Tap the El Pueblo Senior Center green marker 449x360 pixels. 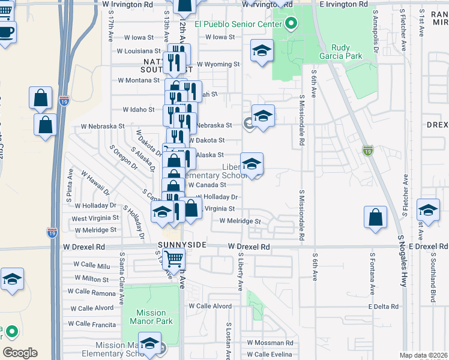[x=291, y=24]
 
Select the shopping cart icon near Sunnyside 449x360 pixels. [x=173, y=259]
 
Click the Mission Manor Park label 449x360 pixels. [x=151, y=317]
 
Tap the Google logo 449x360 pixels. [x=20, y=353]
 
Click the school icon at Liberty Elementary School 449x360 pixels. [x=252, y=163]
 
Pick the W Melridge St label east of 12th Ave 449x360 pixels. [x=240, y=221]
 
